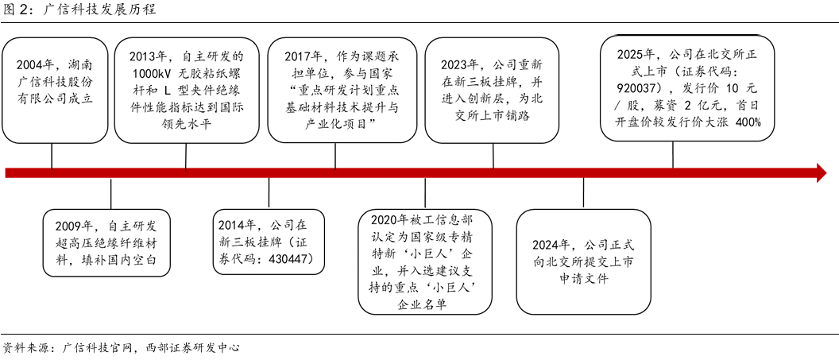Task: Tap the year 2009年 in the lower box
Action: point(74,225)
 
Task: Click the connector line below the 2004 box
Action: point(52,154)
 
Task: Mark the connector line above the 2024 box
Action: point(584,195)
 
